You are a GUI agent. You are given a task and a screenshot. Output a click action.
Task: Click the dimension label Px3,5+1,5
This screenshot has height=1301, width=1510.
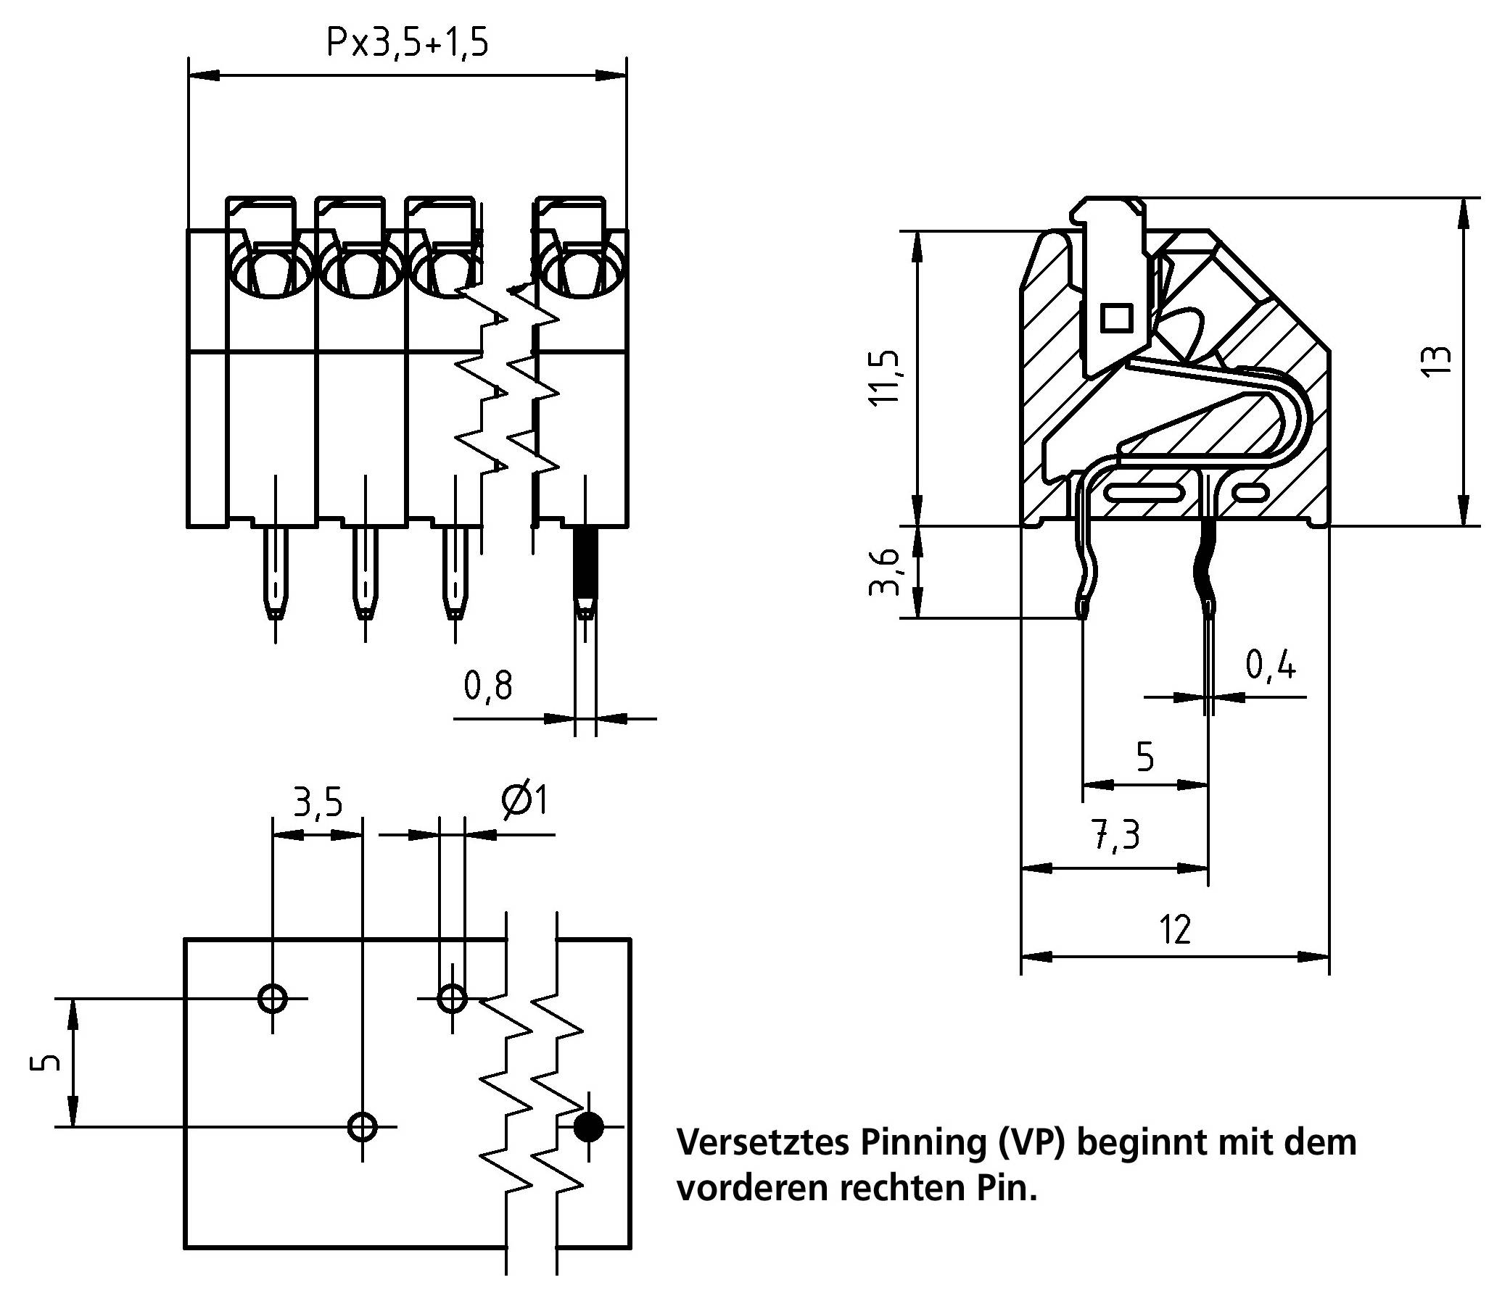click(407, 43)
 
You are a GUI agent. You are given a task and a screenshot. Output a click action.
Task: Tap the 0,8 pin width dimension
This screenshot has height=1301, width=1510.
click(488, 686)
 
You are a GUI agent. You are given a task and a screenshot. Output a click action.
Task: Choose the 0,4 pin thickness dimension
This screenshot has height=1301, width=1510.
click(1270, 665)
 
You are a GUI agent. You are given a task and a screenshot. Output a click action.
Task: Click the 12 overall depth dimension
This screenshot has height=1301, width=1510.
click(1176, 928)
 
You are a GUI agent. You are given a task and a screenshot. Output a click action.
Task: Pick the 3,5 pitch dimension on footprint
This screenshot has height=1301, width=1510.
click(318, 802)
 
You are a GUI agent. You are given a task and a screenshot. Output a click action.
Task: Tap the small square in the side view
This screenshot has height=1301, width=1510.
click(1116, 318)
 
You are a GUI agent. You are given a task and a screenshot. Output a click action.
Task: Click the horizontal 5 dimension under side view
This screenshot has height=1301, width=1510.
click(1145, 758)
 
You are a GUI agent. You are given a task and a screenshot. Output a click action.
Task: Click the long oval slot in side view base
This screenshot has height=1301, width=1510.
click(1144, 494)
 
